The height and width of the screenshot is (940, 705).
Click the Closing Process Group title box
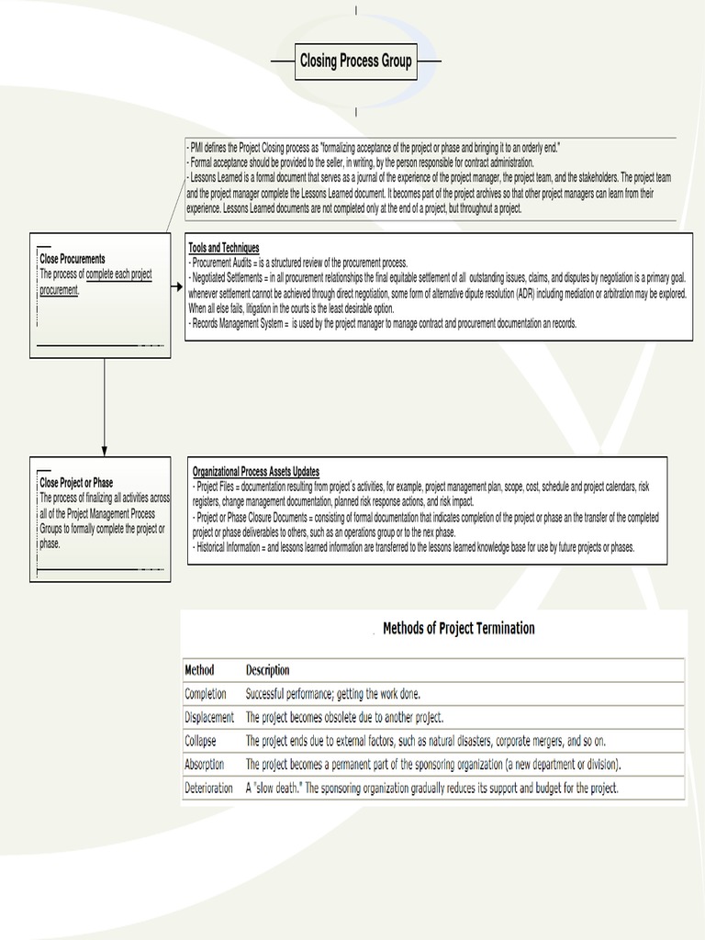point(355,62)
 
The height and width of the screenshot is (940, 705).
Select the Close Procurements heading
point(73,260)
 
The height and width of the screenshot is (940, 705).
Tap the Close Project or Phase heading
point(76,483)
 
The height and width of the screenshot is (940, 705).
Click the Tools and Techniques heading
point(224,248)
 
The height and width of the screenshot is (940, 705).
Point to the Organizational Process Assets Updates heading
point(256,472)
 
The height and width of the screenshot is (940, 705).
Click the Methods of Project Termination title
point(458,629)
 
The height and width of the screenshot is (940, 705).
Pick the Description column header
point(267,670)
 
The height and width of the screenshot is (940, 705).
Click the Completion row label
point(206,694)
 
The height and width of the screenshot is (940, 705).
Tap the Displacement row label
point(209,717)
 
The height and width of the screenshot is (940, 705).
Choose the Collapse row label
point(202,740)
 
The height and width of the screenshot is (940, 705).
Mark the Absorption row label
point(205,764)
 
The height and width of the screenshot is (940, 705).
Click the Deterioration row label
point(209,788)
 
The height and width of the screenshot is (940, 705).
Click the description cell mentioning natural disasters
point(426,740)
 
